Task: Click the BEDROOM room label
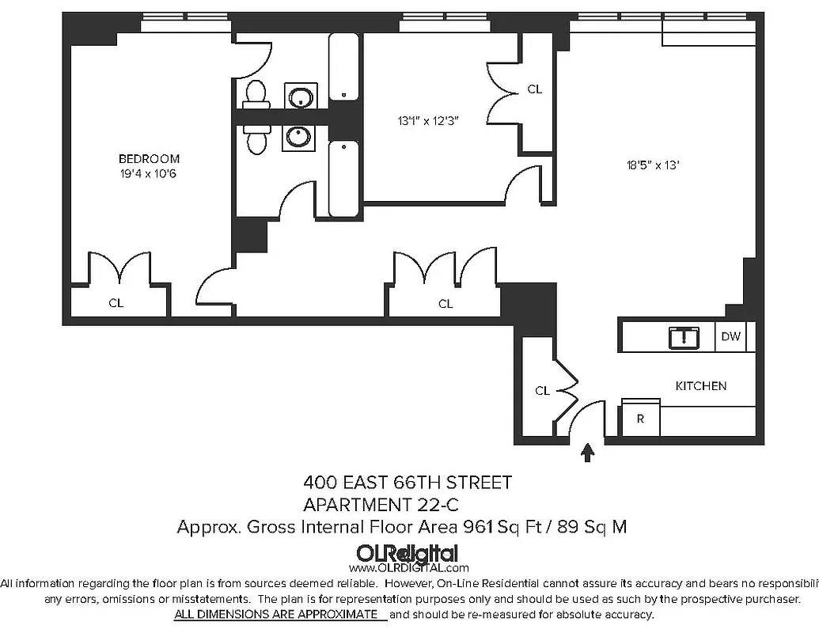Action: click(x=149, y=158)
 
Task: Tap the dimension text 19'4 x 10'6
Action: click(x=149, y=173)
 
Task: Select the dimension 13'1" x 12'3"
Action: click(x=428, y=121)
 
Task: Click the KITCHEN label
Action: click(x=700, y=386)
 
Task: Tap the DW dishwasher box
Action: click(x=730, y=337)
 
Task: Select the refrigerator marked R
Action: click(x=640, y=419)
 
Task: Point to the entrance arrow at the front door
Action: click(x=587, y=452)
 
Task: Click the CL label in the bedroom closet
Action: click(x=116, y=302)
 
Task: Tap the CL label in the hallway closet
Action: click(x=446, y=303)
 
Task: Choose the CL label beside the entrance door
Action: click(x=542, y=390)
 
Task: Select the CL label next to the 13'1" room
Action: click(x=535, y=89)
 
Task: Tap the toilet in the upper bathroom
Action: click(x=254, y=93)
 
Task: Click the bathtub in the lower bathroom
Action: click(x=343, y=179)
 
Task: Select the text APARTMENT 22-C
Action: click(x=381, y=504)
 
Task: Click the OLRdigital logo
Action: click(x=408, y=555)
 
